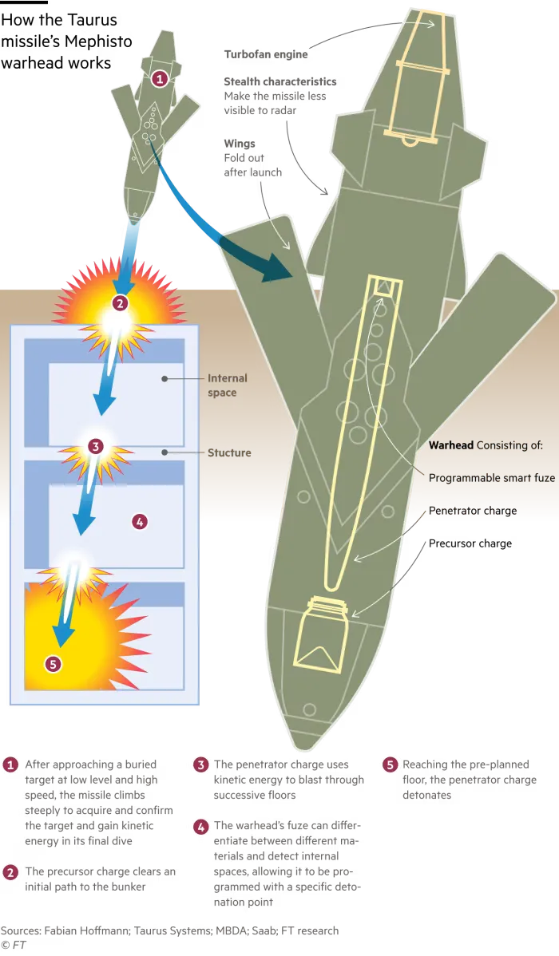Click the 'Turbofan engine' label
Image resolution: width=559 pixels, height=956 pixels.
point(265,54)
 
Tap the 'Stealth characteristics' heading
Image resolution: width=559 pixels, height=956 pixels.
point(280,81)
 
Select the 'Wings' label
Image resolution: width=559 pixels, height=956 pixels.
point(240,144)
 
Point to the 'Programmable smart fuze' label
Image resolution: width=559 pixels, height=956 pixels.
point(492,478)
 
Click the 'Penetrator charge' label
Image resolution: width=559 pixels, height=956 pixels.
point(472,511)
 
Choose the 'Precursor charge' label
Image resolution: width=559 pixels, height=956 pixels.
point(470,543)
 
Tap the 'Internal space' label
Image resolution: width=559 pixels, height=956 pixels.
point(227,385)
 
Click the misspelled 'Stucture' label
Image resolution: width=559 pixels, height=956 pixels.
point(229,453)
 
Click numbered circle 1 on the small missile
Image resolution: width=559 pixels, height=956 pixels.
point(159,79)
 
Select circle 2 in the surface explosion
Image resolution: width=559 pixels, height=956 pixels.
point(120,302)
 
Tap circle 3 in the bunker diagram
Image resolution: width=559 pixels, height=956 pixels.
point(95,446)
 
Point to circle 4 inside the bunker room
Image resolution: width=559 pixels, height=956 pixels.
point(140,521)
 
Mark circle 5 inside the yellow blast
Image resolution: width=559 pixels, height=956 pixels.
point(54,664)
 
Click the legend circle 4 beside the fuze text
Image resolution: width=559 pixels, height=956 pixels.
point(200,827)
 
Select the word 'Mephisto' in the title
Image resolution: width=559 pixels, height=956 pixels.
point(97,42)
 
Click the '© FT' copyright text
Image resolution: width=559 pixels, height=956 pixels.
point(14,945)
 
